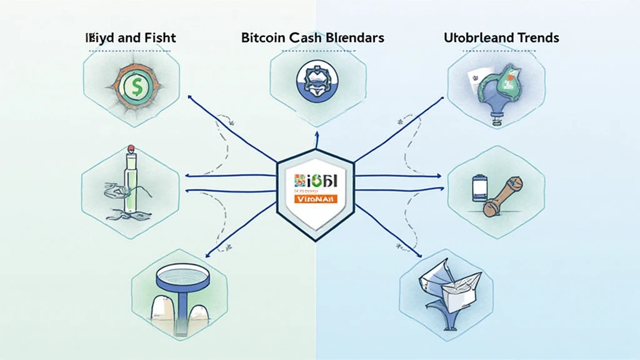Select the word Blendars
coord(354,37)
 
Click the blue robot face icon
coord(319,82)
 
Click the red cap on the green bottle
coord(131,149)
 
